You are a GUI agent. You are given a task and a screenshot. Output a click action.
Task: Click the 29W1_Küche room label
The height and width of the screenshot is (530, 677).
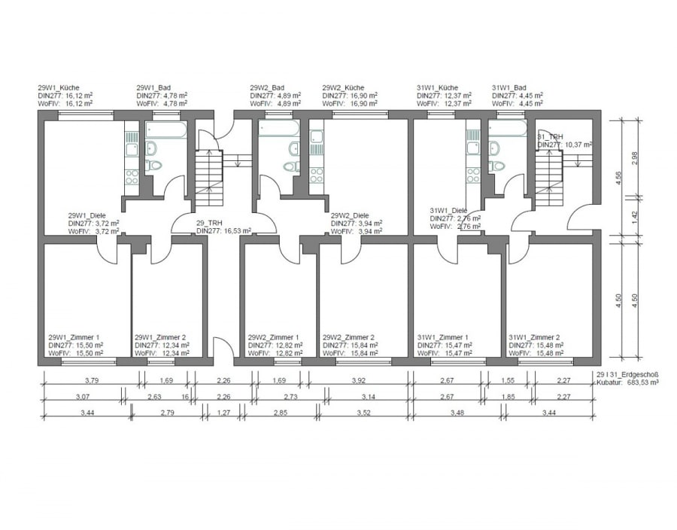(59, 87)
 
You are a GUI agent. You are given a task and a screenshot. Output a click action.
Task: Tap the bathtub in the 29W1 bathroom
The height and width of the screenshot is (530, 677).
(166, 129)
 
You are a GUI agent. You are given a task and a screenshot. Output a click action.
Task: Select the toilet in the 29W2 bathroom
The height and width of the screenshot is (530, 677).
(292, 166)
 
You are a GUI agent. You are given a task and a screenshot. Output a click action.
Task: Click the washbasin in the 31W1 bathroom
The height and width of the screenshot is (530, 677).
(493, 148)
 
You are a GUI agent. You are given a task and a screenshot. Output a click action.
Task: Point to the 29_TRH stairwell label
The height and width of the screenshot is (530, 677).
(209, 223)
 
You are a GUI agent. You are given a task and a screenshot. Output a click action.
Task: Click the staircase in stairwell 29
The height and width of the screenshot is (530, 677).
(209, 178)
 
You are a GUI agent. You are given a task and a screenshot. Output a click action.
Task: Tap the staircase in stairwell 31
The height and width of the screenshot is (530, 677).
(550, 178)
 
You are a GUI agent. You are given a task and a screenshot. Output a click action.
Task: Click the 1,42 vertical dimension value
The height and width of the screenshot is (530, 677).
(634, 216)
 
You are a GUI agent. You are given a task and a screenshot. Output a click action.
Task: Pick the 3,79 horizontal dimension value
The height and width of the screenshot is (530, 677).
(92, 380)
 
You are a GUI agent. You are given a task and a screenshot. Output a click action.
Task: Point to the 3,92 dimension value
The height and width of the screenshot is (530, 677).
(358, 380)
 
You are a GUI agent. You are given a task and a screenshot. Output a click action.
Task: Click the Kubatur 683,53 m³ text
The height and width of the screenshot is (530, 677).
(627, 382)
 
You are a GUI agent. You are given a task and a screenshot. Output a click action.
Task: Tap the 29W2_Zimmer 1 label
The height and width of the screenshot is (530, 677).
(273, 337)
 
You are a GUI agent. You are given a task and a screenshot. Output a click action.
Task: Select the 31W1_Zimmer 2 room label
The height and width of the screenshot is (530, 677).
(535, 337)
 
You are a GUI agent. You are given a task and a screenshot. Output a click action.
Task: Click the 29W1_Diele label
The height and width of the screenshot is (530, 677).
(87, 215)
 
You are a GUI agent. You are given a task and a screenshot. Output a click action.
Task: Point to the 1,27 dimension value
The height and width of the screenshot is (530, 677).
(223, 413)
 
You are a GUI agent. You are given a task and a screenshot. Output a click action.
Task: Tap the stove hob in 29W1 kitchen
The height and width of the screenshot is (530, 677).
(132, 177)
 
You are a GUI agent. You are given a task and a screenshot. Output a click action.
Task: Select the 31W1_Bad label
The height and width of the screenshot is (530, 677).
(509, 87)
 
